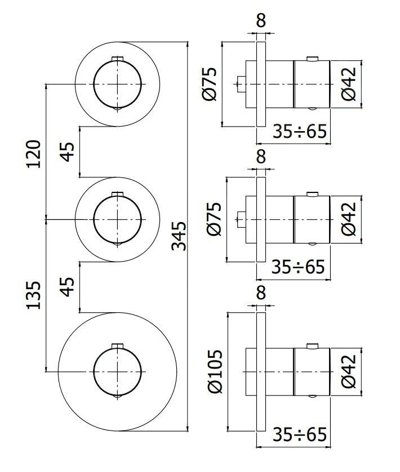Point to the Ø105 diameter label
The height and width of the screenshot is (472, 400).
point(216,371)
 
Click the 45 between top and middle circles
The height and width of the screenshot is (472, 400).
point(68,151)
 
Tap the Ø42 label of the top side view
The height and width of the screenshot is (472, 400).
point(349,84)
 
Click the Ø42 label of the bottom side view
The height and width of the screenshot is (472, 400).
point(349,371)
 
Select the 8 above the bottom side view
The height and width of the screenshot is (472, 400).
point(260,293)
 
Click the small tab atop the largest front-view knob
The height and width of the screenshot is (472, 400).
point(117,345)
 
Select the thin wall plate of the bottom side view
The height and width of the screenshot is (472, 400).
point(260,371)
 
